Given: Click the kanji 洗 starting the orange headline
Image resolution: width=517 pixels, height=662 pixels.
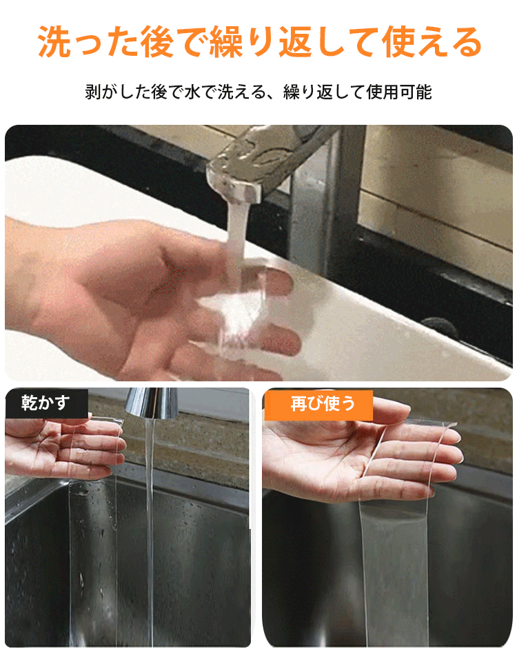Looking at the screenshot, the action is pyautogui.click(x=53, y=42).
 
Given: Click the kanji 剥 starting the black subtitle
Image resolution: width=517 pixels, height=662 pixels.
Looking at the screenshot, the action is pyautogui.click(x=93, y=92).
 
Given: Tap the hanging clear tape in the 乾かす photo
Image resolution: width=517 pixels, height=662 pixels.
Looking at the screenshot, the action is pyautogui.click(x=93, y=561).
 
